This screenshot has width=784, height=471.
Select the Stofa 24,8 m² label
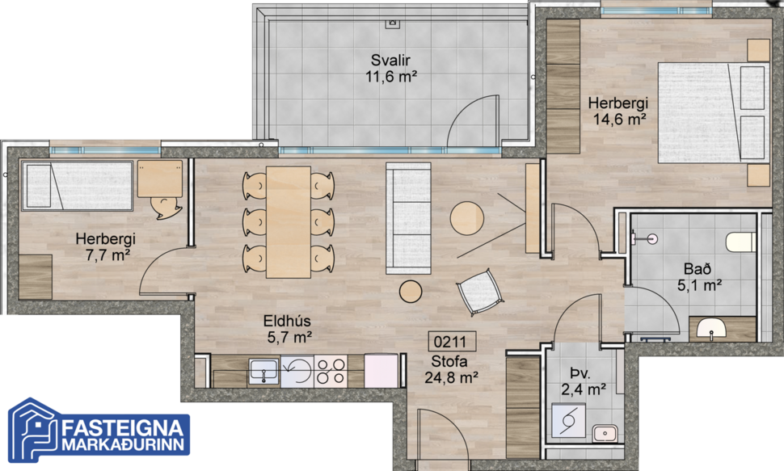tap(452, 368)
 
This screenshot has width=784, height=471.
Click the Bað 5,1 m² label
tap(699, 275)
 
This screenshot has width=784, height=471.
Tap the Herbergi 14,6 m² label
tap(618, 111)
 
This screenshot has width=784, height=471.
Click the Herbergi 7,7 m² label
tap(105, 247)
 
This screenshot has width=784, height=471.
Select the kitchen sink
tap(264, 371)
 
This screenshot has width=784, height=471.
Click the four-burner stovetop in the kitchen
tap(331, 372)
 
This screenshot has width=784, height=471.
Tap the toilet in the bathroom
tap(740, 242)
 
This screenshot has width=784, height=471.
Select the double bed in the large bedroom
tap(711, 111)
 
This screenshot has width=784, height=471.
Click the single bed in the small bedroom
tap(76, 184)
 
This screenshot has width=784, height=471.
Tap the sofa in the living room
tap(408, 217)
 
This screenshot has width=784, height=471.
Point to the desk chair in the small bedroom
tap(168, 207)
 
